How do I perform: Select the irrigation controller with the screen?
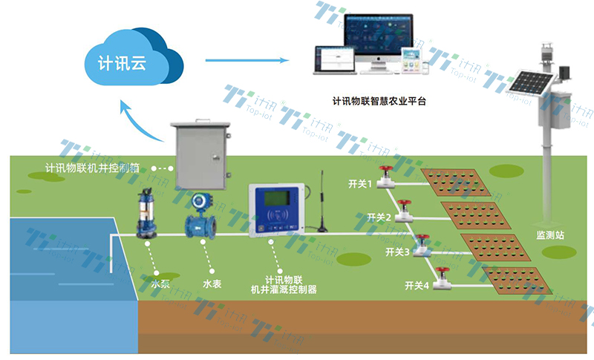click(x=278, y=212)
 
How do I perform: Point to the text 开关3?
click(x=398, y=253)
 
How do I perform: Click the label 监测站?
click(x=550, y=234)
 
